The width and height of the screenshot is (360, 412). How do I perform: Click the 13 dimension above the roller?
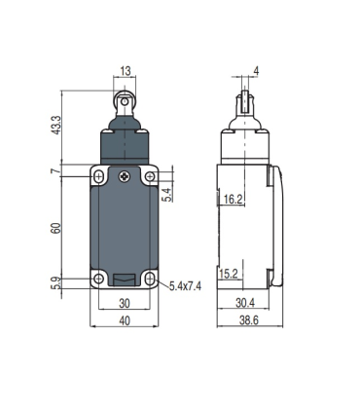[x=125, y=71]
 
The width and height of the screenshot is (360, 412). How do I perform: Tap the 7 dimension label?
[x=57, y=172]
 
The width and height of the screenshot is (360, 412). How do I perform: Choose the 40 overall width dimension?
[x=125, y=321]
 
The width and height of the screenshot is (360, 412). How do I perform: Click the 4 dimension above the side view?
[x=256, y=71]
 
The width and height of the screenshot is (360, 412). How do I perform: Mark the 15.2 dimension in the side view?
[x=231, y=274]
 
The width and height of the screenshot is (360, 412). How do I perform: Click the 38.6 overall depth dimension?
[x=249, y=321]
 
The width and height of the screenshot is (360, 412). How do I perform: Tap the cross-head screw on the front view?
[x=125, y=176]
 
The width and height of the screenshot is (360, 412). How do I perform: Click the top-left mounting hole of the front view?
[x=100, y=177]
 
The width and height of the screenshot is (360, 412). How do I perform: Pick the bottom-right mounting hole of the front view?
[x=149, y=281]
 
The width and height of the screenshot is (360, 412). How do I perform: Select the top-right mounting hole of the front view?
[x=149, y=177]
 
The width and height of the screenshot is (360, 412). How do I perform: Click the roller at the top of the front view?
[x=125, y=99]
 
